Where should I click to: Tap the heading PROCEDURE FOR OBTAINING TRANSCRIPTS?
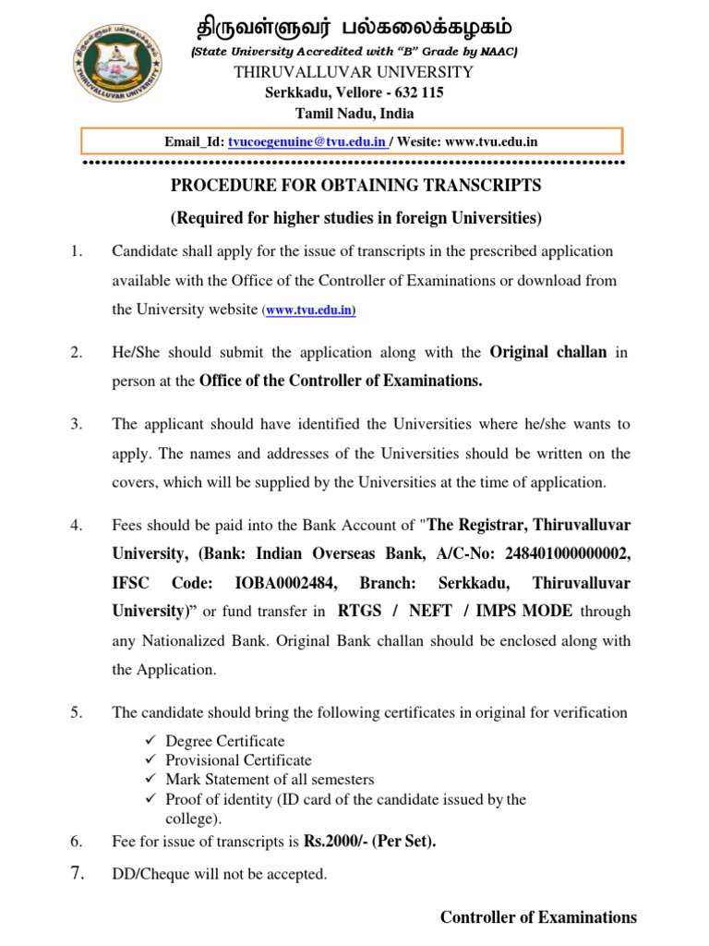coord(355,186)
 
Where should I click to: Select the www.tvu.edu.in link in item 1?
coord(310,311)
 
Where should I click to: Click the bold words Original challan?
coord(548,352)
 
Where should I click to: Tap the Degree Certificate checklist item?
coord(224,741)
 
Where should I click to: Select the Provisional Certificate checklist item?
coord(238,760)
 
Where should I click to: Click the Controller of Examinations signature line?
coord(537,917)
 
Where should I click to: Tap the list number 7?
coord(77,873)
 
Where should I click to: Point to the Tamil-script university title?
coord(354,25)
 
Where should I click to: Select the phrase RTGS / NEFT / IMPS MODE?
coord(455,611)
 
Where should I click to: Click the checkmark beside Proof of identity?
coord(152,799)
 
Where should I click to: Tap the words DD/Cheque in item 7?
coord(147,874)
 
